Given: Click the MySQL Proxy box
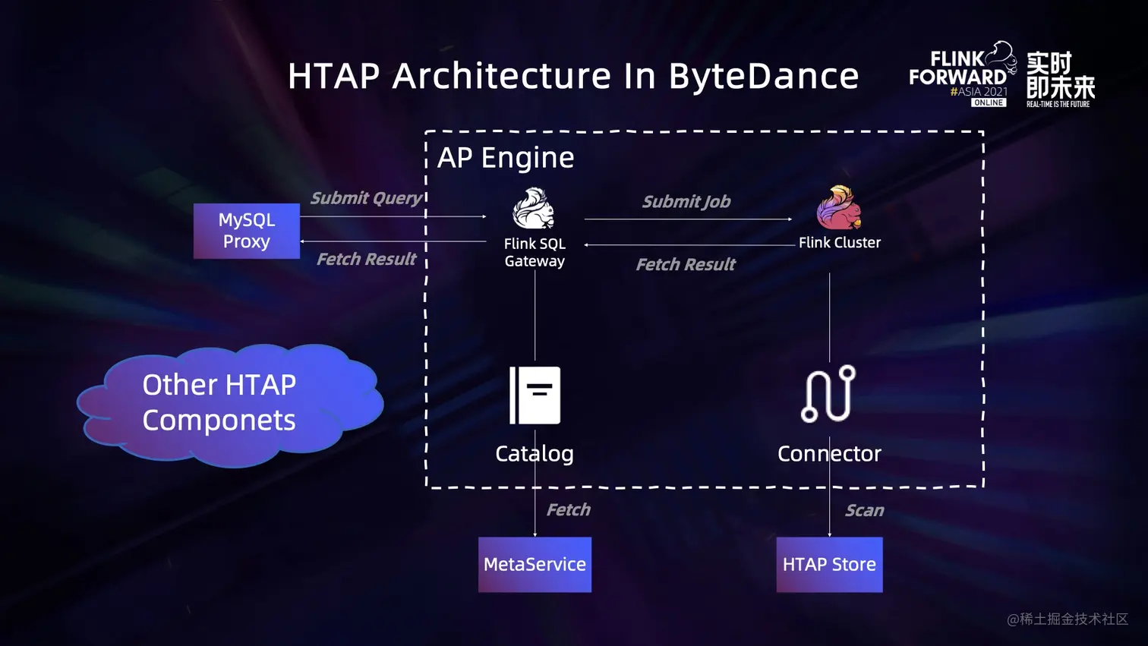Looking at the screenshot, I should pyautogui.click(x=246, y=231).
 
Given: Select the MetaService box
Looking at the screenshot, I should pyautogui.click(x=535, y=565).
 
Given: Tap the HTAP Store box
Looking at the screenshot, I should pyautogui.click(x=829, y=565).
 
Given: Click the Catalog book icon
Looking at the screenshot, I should pyautogui.click(x=535, y=395).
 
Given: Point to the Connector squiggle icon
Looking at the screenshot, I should pyautogui.click(x=828, y=394).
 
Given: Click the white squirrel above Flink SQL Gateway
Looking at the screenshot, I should pyautogui.click(x=533, y=209).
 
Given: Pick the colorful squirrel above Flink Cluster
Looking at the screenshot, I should pyautogui.click(x=839, y=207).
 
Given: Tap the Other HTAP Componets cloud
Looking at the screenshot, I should pyautogui.click(x=228, y=404).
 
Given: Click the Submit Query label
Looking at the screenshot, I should pyautogui.click(x=366, y=198).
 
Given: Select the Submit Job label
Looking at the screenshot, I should pyautogui.click(x=686, y=202).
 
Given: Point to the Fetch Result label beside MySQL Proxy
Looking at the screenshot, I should pyautogui.click(x=366, y=260).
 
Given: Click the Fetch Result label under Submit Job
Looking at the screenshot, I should pyautogui.click(x=686, y=265).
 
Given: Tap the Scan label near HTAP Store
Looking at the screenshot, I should pyautogui.click(x=865, y=511).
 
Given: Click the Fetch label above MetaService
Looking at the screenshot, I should pyautogui.click(x=568, y=510).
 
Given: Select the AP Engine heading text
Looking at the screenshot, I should pyautogui.click(x=506, y=158).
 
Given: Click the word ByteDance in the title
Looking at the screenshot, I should pyautogui.click(x=763, y=76).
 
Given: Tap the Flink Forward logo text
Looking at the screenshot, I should pyautogui.click(x=957, y=68).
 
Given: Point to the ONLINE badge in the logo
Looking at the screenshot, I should pyautogui.click(x=989, y=102).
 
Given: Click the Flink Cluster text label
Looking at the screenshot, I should pyautogui.click(x=840, y=243).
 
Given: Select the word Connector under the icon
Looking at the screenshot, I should pyautogui.click(x=829, y=454).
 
